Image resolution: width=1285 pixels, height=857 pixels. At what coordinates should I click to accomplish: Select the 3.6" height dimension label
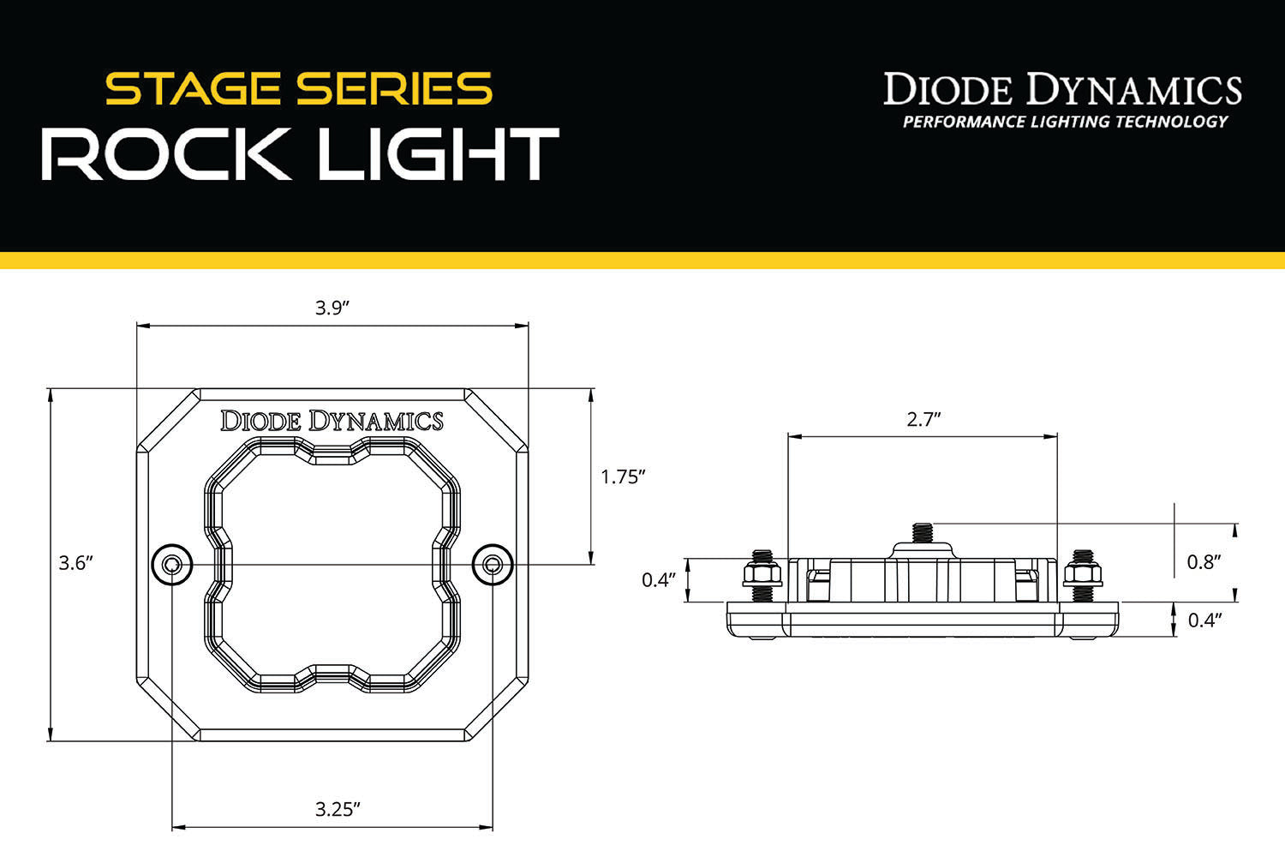(x=75, y=563)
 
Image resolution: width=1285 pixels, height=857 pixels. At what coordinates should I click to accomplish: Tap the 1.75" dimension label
(x=622, y=477)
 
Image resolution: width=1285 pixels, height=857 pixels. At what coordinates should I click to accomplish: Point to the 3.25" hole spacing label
(x=337, y=809)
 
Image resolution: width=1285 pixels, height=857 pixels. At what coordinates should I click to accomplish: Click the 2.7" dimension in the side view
(x=923, y=419)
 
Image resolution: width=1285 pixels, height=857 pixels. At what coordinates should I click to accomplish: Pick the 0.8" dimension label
(x=1204, y=562)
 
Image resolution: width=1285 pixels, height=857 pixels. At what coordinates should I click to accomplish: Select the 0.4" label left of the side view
(x=660, y=580)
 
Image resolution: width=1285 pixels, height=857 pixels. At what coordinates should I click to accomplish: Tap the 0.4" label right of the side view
(x=1204, y=620)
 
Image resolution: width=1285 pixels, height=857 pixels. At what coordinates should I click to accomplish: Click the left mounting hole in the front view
(x=172, y=564)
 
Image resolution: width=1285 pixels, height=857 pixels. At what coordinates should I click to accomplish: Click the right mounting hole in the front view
(x=493, y=564)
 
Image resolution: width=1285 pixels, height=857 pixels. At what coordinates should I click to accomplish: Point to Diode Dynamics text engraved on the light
(x=332, y=421)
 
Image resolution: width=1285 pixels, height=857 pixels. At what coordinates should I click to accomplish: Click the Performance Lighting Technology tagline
(x=1065, y=122)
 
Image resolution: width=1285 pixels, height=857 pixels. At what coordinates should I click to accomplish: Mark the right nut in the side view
(x=1083, y=572)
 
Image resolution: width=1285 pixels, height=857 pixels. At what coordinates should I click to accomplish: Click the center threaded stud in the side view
(x=923, y=532)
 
